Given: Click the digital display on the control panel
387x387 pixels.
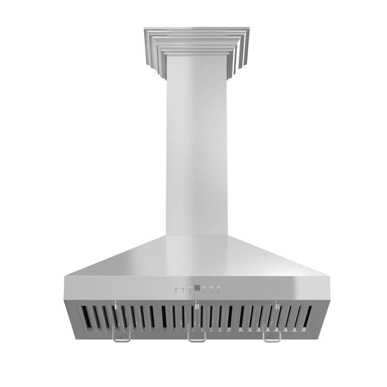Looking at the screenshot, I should tap(197, 289).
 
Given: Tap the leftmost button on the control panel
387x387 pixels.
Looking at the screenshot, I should tap(176, 289).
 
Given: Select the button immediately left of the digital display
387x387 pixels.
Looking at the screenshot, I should tap(190, 289).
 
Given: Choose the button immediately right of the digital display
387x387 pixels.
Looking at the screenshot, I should tap(204, 289).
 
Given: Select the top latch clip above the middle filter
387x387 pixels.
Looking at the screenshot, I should tap(196, 303).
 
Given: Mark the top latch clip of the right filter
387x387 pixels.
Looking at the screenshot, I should tap(277, 303).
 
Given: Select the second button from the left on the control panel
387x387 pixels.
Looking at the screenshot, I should tap(183, 289).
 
